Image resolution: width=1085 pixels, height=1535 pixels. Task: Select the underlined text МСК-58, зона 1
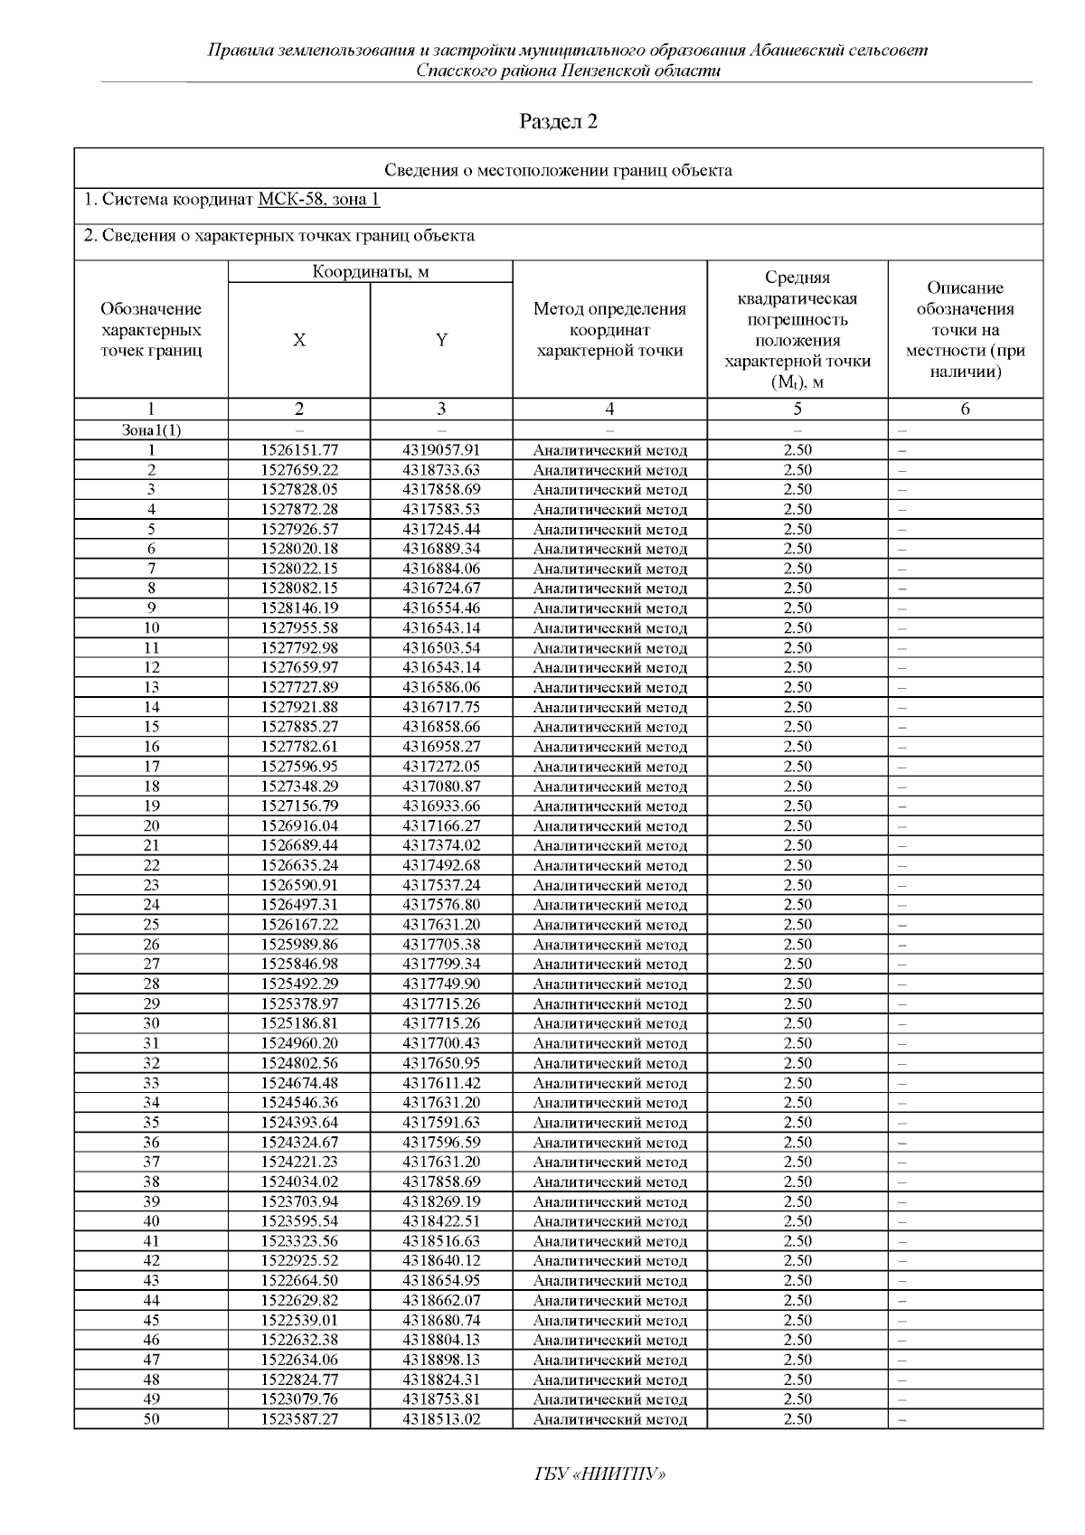click(318, 200)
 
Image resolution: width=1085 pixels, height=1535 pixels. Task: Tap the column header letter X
click(298, 341)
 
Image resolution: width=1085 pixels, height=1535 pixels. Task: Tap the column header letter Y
click(441, 341)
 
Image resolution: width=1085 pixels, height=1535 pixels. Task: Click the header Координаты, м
click(371, 272)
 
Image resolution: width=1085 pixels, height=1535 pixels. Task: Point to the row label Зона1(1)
click(151, 430)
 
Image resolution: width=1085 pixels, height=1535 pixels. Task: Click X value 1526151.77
click(298, 450)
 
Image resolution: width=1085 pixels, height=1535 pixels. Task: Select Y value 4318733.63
click(441, 470)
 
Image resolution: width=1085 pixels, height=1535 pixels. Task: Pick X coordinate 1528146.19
click(298, 608)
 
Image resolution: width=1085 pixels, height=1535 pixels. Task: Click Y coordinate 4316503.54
click(441, 648)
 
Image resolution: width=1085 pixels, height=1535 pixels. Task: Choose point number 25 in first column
click(151, 925)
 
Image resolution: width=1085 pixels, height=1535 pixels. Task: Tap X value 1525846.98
click(298, 965)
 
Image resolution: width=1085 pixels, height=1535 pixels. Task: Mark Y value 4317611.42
click(441, 1083)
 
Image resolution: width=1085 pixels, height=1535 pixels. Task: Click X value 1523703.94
click(298, 1201)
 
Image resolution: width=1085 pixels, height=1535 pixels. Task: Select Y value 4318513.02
click(441, 1419)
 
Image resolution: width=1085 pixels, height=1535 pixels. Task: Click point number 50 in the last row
click(151, 1419)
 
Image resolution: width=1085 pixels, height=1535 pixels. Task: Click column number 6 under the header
click(965, 410)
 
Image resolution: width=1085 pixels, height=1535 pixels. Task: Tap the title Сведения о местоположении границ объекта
click(558, 170)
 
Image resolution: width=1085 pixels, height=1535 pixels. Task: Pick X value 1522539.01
click(298, 1321)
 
